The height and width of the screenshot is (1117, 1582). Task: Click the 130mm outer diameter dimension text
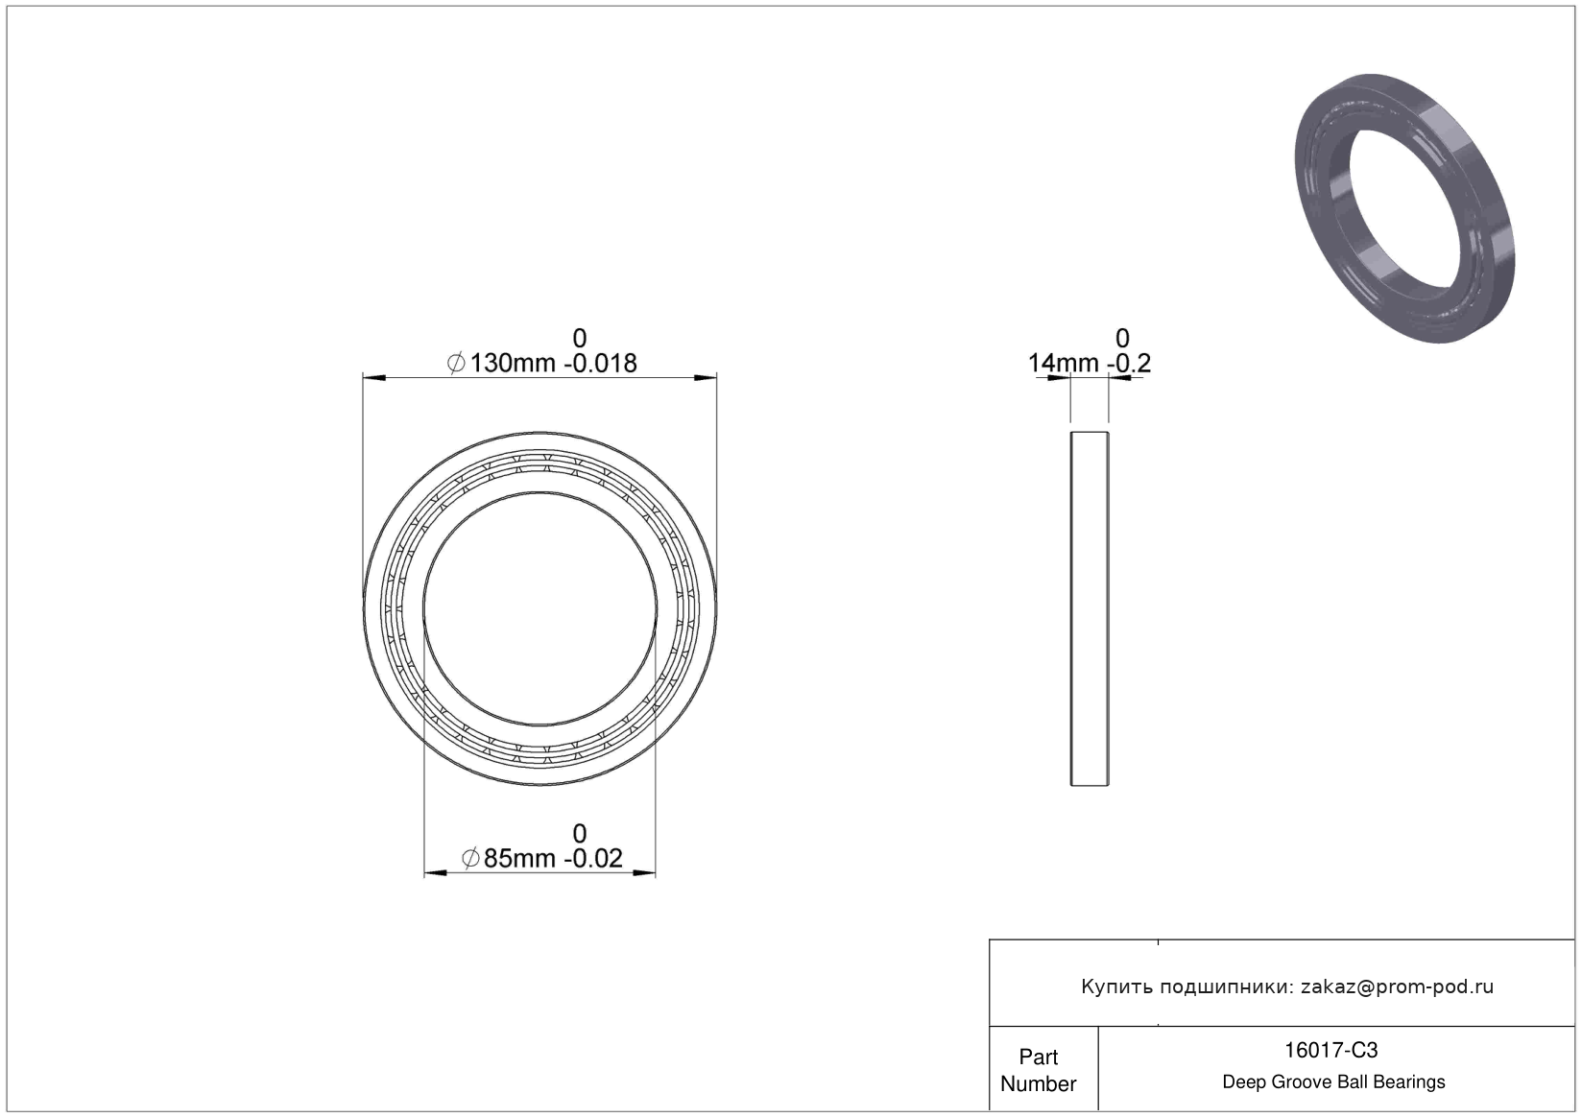(x=513, y=363)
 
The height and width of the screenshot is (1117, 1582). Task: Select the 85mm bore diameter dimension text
(x=519, y=859)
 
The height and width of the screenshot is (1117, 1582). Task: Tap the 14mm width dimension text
(x=1063, y=363)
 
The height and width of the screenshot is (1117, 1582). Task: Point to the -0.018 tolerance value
(x=600, y=363)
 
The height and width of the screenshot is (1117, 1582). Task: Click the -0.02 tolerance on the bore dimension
(x=593, y=859)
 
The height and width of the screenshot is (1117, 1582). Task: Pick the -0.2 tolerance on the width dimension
(x=1129, y=363)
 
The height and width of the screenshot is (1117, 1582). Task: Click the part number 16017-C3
(x=1330, y=1050)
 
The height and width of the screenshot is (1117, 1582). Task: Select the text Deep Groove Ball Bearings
(x=1333, y=1081)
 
